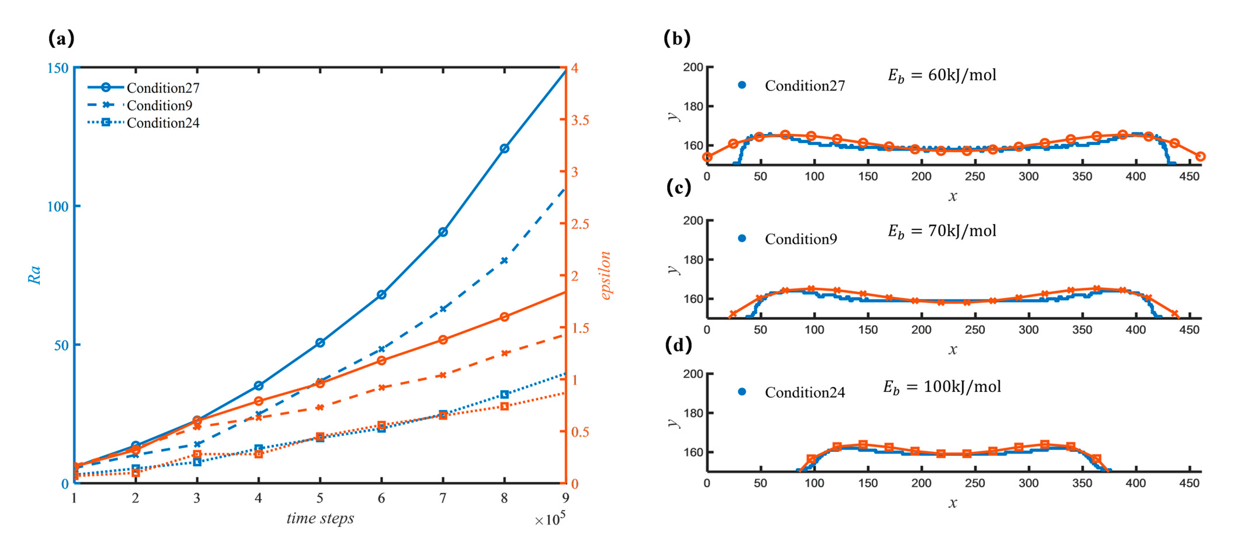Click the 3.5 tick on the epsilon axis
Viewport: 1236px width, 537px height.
[579, 120]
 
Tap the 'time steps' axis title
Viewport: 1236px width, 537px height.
[320, 518]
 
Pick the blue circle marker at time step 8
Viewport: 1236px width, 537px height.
[504, 149]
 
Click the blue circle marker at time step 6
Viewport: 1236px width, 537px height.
[381, 294]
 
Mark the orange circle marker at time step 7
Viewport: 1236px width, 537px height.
[443, 339]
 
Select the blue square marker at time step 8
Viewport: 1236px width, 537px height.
[504, 394]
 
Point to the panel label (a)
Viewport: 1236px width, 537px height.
[61, 38]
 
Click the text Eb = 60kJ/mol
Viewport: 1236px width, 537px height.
[942, 75]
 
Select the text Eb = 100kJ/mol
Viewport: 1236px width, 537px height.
[942, 387]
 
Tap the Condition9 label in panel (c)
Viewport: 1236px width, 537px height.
[800, 239]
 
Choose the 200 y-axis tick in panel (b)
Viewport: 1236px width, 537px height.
[693, 67]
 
